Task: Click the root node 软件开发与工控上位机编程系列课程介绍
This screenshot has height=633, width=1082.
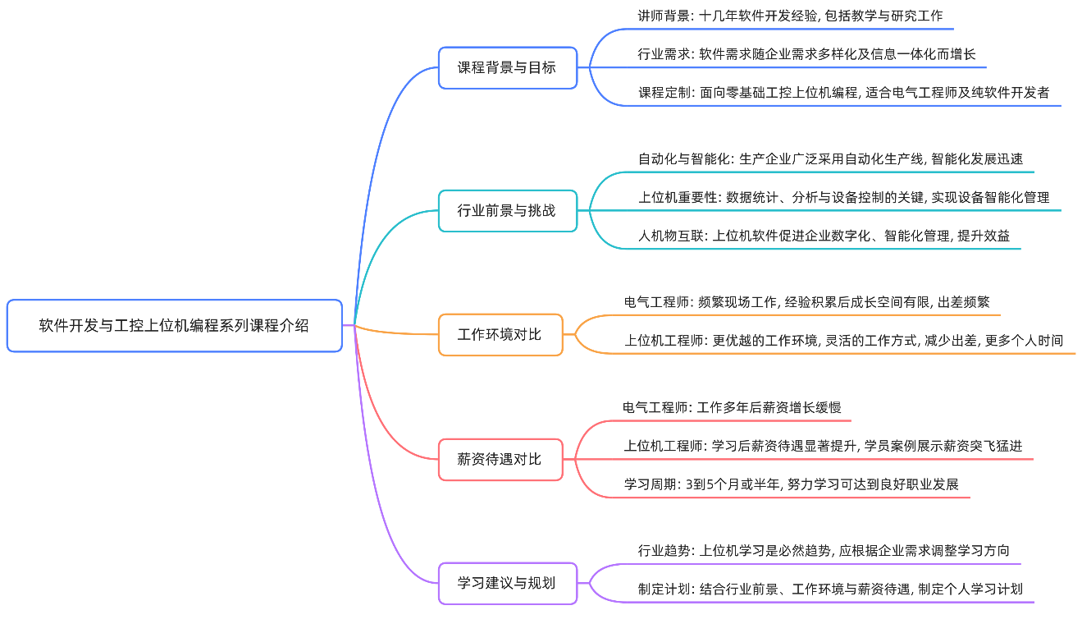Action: tap(174, 326)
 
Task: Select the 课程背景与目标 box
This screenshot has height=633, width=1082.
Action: tap(507, 68)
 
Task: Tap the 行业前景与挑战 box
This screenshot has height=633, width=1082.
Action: tap(507, 211)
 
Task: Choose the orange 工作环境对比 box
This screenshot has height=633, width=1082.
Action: tap(500, 335)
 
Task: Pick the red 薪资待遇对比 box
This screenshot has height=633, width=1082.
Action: tap(500, 460)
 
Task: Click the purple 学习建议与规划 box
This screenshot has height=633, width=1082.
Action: tap(507, 584)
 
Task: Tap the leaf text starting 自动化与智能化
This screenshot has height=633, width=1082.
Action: tap(830, 159)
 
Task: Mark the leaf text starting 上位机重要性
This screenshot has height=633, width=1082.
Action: tap(843, 198)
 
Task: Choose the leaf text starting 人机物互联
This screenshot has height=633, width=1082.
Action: tap(824, 236)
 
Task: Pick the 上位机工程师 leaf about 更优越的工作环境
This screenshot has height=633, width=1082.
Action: tap(843, 341)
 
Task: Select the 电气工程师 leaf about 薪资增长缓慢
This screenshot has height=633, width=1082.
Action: tap(732, 407)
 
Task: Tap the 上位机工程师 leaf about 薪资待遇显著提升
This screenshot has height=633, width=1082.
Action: tap(823, 446)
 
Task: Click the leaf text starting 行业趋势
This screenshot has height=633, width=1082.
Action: tap(824, 551)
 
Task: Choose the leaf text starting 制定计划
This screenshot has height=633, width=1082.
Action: tap(830, 589)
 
